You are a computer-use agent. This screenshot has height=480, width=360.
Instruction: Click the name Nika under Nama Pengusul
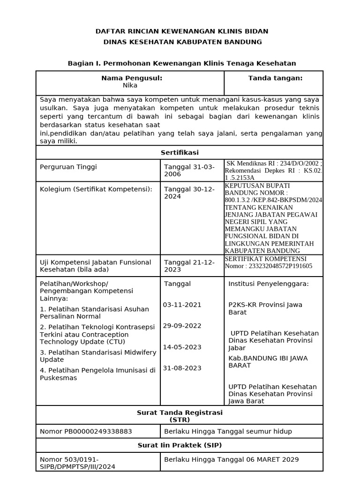(x=130, y=85)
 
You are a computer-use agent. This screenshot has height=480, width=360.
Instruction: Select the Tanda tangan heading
(x=275, y=78)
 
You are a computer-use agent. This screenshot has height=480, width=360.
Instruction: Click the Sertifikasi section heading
(x=180, y=152)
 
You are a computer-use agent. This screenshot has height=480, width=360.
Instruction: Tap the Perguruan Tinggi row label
(x=68, y=167)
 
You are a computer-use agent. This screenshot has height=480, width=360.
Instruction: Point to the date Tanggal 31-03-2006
(x=189, y=170)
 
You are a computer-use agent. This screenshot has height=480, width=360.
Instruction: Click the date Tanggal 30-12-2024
(x=189, y=193)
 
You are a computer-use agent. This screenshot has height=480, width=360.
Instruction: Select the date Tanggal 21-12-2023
(x=189, y=266)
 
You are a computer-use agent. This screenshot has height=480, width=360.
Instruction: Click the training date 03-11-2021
(x=182, y=305)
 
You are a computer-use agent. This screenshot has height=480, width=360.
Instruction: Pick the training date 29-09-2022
(x=182, y=326)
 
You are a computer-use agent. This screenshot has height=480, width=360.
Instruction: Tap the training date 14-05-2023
(x=182, y=347)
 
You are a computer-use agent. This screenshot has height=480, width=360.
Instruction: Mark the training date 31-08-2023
(x=182, y=368)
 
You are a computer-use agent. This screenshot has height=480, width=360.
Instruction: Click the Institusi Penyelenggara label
(x=269, y=284)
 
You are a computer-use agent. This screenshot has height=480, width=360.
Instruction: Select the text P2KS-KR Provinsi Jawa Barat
(x=265, y=308)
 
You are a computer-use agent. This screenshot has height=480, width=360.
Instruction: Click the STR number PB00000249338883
(x=86, y=431)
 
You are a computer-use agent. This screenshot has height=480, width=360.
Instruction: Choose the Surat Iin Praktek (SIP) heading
(x=180, y=445)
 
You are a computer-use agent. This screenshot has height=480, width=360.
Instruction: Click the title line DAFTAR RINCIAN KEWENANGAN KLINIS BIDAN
(x=182, y=31)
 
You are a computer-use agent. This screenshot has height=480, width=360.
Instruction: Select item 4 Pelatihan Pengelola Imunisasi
(x=97, y=374)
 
